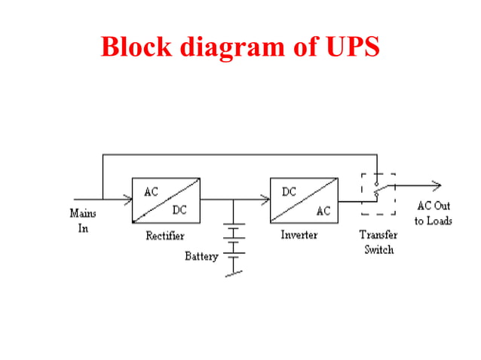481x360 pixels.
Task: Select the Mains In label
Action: tap(83, 221)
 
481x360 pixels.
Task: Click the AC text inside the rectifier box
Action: tap(152, 191)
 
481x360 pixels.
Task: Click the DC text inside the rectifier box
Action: tap(180, 209)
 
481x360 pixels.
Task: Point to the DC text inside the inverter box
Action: tap(290, 192)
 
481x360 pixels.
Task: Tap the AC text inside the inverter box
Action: tap(323, 211)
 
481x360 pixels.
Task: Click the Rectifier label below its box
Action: tap(164, 236)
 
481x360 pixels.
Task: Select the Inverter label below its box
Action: tap(299, 235)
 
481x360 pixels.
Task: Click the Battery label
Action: tap(201, 256)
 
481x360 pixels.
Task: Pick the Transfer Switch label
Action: tap(378, 242)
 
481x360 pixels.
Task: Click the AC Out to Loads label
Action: tap(433, 213)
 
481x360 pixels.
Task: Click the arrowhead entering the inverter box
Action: tap(265, 200)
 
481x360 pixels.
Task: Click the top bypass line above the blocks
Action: tap(241, 154)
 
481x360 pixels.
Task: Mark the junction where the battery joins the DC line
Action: tap(234, 200)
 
